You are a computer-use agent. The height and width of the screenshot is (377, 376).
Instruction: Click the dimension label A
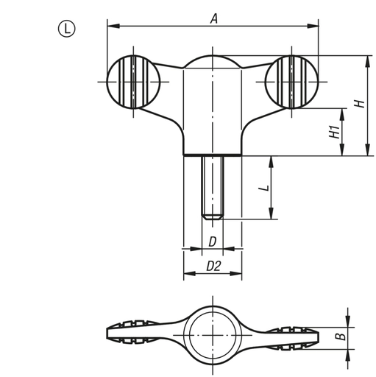click(x=213, y=19)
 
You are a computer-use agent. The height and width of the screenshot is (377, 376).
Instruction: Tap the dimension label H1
click(x=333, y=132)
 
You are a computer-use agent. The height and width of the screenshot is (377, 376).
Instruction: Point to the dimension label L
click(x=262, y=188)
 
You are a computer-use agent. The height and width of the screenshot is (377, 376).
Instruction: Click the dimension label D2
click(x=213, y=266)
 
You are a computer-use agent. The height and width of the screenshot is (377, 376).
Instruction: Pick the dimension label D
click(x=212, y=242)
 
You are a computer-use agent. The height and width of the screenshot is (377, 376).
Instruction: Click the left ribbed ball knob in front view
click(x=133, y=81)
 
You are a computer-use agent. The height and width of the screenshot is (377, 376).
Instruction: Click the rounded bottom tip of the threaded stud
click(x=212, y=216)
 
